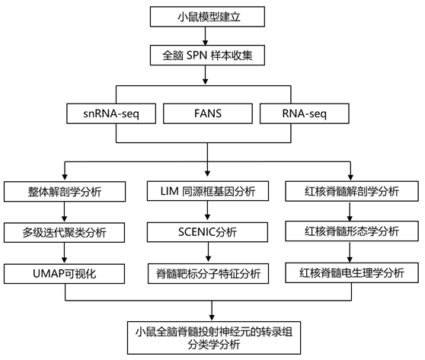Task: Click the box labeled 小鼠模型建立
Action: coord(207,17)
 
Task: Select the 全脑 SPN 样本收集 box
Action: coord(207,56)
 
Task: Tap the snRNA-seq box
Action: coord(111,113)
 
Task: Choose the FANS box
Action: coord(208,113)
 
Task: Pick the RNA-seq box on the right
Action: coord(305,113)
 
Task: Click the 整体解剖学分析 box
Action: coord(65,192)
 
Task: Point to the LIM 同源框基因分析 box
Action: coord(208,191)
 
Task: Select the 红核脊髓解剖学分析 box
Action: coord(352,191)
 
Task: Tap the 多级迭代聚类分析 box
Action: coord(64,232)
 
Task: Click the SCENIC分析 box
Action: coord(207,232)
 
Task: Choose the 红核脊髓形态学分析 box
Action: coord(352,231)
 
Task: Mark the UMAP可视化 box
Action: coord(64,274)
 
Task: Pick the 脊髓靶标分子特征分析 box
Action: coord(208,273)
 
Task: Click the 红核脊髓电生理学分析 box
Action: coord(352,272)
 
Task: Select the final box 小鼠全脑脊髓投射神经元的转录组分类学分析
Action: coord(214,338)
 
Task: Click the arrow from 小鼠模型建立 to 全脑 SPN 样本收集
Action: coord(205,36)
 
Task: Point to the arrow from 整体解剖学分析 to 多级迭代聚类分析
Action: coord(64,212)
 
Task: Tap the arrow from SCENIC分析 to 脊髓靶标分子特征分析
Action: coord(208,253)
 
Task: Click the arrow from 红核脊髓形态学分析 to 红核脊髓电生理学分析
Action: coord(350,252)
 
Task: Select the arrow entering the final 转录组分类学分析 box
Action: coord(212,311)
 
